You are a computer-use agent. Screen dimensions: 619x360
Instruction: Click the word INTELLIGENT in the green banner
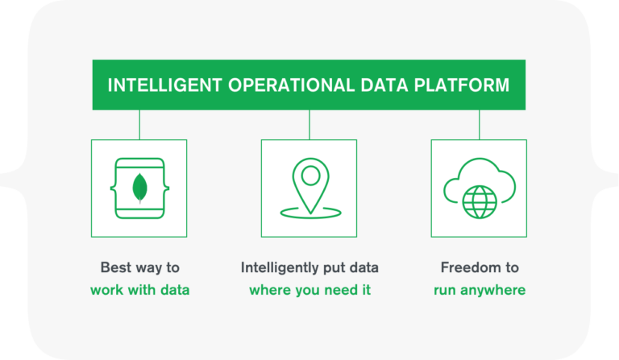164,85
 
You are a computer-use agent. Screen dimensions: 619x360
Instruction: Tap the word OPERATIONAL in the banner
291,85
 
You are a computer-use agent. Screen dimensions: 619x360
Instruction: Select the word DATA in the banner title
384,85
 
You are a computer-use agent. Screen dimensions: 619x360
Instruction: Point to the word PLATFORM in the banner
462,85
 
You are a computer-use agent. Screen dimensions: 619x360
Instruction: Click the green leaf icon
139,188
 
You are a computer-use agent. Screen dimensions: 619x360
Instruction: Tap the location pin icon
310,184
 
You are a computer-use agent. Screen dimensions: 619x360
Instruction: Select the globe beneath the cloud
480,202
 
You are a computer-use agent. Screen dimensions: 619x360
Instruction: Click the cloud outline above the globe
480,159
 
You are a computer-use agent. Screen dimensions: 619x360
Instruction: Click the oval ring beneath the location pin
310,217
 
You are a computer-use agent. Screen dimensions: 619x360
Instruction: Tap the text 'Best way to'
140,267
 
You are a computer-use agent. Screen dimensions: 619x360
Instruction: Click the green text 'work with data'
139,290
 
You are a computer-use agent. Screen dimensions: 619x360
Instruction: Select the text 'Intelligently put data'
309,267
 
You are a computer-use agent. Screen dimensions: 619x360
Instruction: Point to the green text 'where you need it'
309,290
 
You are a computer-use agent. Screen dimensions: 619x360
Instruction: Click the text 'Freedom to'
480,267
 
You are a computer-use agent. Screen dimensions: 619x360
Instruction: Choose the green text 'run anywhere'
480,290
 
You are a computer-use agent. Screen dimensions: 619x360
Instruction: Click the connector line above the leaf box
139,125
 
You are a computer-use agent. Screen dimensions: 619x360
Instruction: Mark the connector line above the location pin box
309,125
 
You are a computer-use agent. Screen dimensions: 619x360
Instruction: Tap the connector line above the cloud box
480,125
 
